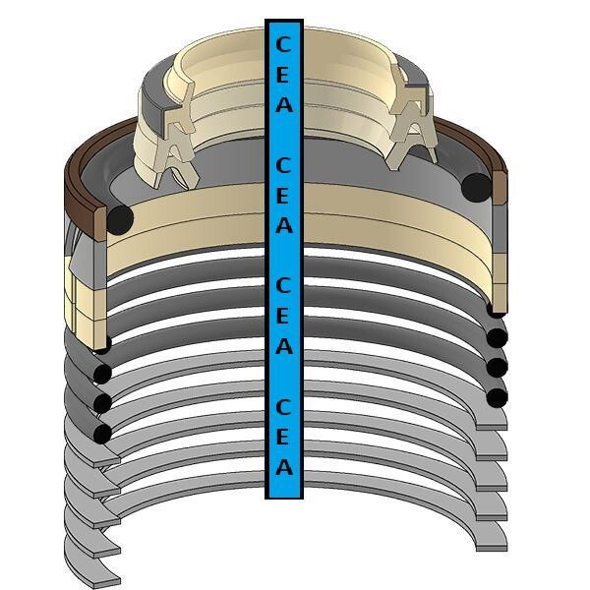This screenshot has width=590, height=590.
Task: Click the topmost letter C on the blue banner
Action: tap(283, 44)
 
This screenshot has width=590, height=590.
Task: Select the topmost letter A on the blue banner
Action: tap(284, 104)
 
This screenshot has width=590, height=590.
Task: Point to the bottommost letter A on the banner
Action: tap(284, 467)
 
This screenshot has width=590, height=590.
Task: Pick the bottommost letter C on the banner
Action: tap(283, 407)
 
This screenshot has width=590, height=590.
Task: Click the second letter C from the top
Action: tap(283, 165)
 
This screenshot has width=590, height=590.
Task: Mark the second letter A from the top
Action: tap(284, 225)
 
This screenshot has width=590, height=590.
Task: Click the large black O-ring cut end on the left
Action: tap(120, 219)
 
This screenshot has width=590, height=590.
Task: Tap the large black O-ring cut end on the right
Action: tap(476, 188)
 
